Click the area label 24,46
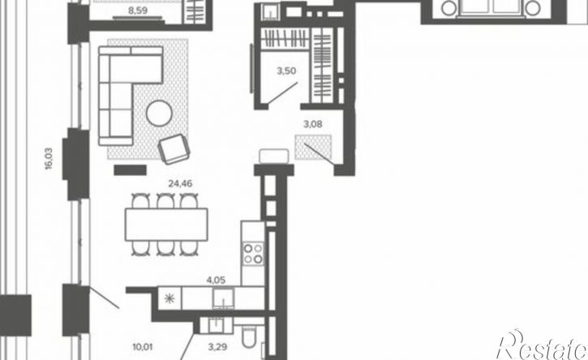click(x=180, y=184)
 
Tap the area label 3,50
click(x=286, y=71)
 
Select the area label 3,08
click(x=312, y=124)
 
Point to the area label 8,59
click(x=138, y=10)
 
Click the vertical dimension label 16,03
click(x=49, y=159)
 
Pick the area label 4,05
click(x=217, y=280)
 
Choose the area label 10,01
click(x=143, y=347)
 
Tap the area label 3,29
click(x=217, y=347)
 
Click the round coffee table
click(x=160, y=113)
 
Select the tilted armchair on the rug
click(x=174, y=149)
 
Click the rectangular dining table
click(x=166, y=225)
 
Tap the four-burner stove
click(x=253, y=254)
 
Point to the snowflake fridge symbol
click(x=170, y=298)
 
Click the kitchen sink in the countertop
click(x=224, y=299)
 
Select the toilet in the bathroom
click(x=249, y=337)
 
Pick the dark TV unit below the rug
click(x=130, y=170)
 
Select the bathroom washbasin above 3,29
click(x=217, y=325)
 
